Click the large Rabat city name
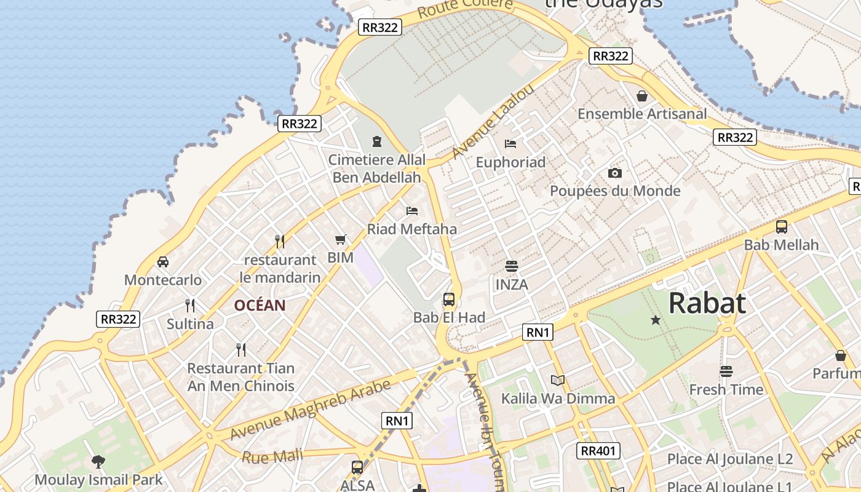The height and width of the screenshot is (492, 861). pos(707,303)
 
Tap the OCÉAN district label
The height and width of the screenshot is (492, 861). pos(260,305)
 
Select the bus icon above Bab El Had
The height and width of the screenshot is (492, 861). pos(449,300)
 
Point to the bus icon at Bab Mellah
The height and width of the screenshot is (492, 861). pos(782,227)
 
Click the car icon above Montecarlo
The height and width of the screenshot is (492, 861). pos(163,262)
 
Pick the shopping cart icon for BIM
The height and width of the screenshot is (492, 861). pos(341,239)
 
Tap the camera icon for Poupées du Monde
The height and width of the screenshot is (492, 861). pos(614,173)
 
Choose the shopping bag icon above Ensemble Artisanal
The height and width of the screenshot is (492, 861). pos(642,96)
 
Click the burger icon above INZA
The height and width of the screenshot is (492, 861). pos(511,266)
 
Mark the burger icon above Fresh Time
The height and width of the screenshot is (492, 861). pos(726,371)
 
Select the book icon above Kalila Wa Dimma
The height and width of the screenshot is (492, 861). pos(558,380)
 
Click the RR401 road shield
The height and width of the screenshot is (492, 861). pos(598,451)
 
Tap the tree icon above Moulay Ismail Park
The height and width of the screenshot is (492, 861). pos(98,461)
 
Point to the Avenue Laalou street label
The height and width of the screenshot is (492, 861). pos(493,121)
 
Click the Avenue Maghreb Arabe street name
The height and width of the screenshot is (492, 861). pos(310,410)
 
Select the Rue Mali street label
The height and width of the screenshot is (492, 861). pos(272,456)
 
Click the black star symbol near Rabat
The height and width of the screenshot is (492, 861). pos(656,320)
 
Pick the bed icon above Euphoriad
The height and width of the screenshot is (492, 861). pos(510,144)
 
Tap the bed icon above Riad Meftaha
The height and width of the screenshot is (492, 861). pos(412,211)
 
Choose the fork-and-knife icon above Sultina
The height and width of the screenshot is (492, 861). pos(190,305)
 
